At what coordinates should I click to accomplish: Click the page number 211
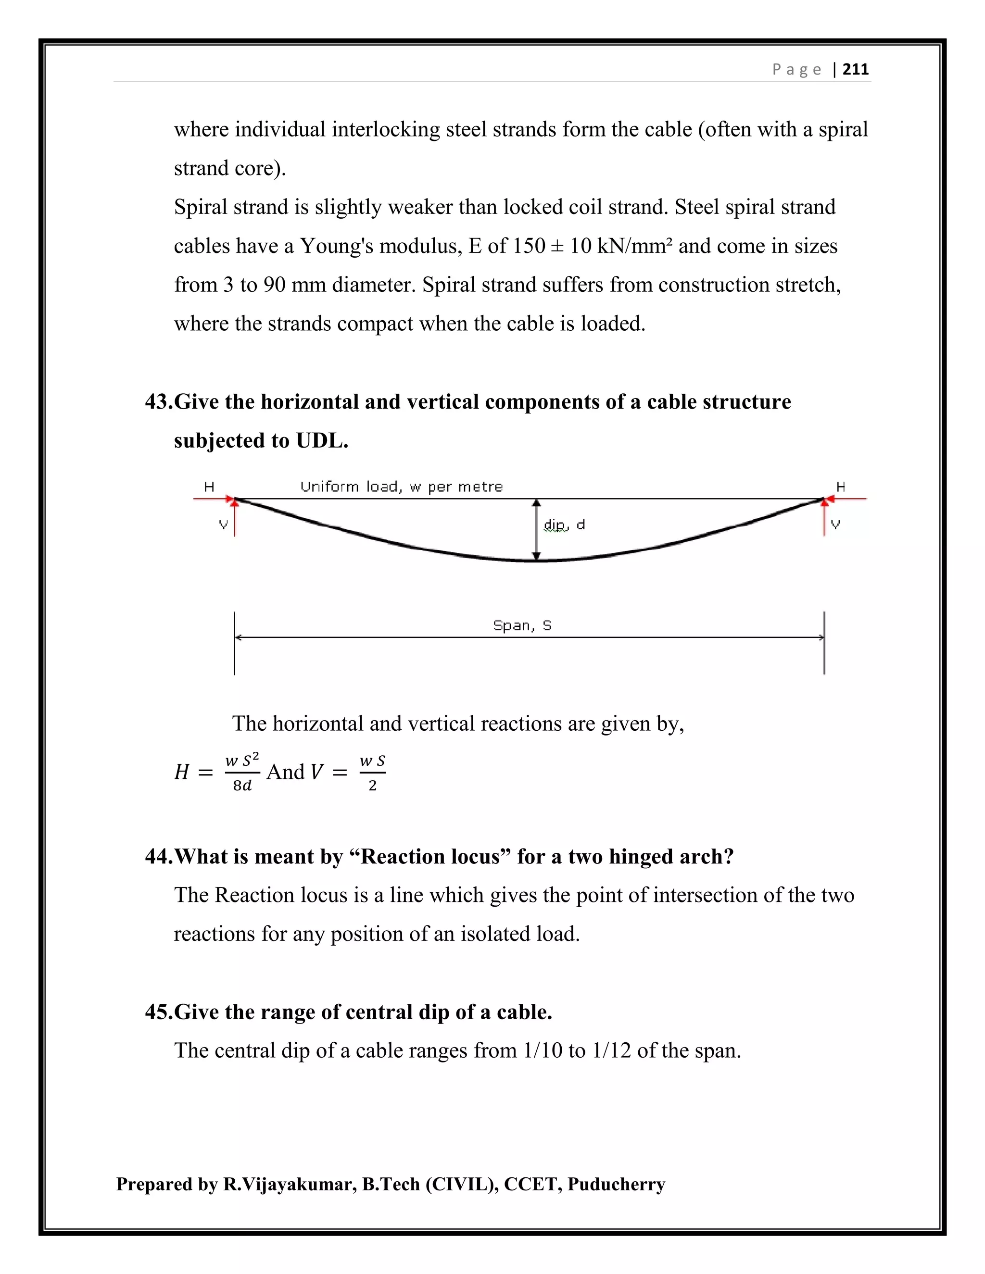click(856, 69)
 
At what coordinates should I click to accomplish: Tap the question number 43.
click(158, 402)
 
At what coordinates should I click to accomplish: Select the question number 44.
click(158, 856)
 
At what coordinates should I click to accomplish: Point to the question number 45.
click(158, 1012)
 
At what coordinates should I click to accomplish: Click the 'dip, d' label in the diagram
click(564, 525)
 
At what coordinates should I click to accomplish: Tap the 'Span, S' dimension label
click(522, 625)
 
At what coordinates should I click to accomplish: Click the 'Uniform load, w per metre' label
click(402, 487)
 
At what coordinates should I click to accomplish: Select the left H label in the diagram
click(209, 487)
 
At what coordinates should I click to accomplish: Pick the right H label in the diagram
click(841, 487)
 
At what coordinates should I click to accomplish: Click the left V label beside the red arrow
click(223, 525)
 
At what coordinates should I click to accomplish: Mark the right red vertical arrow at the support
click(824, 517)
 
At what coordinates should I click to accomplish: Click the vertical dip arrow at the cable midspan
click(537, 530)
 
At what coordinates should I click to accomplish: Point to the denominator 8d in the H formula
click(242, 786)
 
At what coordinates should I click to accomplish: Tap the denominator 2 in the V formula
click(372, 786)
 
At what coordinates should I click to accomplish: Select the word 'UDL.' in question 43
click(322, 440)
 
